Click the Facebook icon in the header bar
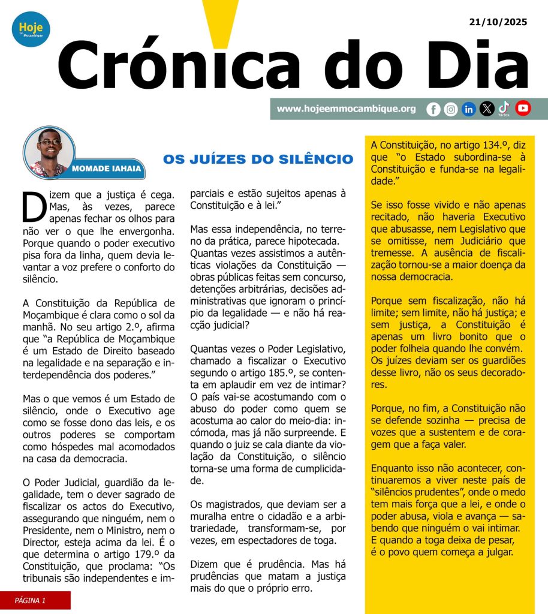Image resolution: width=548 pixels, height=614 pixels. (433, 109)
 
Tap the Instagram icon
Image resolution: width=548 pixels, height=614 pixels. (451, 109)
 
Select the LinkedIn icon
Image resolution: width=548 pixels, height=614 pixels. (469, 109)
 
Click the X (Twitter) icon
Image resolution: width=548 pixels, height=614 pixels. (487, 109)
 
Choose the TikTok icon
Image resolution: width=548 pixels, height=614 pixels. (504, 108)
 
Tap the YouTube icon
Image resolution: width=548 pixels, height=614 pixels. (523, 108)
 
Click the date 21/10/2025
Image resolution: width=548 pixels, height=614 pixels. (498, 22)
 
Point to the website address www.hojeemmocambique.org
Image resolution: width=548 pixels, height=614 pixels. (347, 109)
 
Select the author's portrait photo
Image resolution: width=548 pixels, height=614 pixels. (49, 152)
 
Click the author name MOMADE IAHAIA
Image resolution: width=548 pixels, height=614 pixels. (107, 169)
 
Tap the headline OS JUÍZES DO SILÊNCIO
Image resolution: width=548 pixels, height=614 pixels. (258, 159)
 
